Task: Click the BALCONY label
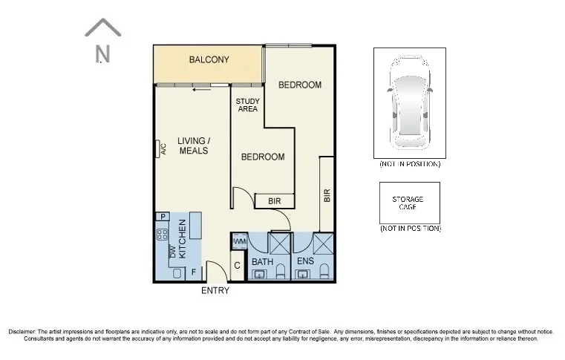pos(209,60)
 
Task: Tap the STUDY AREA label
pos(247,105)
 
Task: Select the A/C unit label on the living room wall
pos(163,149)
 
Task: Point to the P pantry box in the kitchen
pos(162,216)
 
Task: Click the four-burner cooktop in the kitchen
pos(162,236)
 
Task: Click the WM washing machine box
pos(239,242)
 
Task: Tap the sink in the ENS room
pos(302,275)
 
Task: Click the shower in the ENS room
pos(325,244)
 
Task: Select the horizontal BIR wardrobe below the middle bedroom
pos(275,201)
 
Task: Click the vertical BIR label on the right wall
pos(327,195)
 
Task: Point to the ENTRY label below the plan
pos(215,291)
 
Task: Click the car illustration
pos(409,103)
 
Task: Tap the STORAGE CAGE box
pos(409,203)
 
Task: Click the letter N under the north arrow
pos(102,54)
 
